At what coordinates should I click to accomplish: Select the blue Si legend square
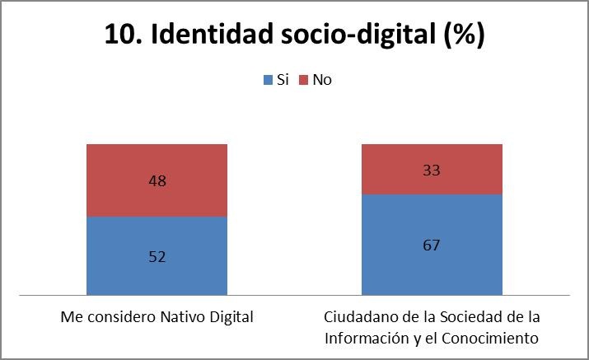(x=267, y=80)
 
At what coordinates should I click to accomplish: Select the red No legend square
(x=303, y=80)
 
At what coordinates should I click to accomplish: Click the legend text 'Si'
(x=282, y=80)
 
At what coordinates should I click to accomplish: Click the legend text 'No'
(x=322, y=80)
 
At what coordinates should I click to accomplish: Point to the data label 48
(x=157, y=180)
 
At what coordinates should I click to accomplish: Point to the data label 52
(x=157, y=256)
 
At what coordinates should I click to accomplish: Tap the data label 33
(x=432, y=171)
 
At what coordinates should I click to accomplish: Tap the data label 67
(x=432, y=245)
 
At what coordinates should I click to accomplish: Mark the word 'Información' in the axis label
(x=361, y=338)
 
